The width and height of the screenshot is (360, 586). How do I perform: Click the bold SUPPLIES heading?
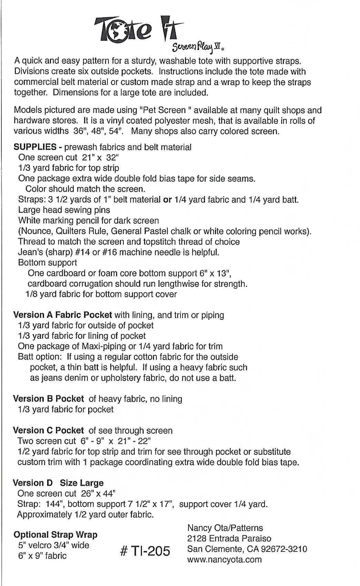pos(35,147)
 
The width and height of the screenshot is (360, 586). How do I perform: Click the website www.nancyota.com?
pos(224,559)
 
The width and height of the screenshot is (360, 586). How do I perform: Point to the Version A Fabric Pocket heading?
pos(62,315)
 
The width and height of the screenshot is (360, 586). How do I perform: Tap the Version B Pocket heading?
pos(48,399)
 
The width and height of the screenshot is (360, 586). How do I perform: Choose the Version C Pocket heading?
pos(48,430)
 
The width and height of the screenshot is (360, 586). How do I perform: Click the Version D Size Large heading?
pos(58,483)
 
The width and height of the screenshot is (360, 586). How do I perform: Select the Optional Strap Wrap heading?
pos(55,535)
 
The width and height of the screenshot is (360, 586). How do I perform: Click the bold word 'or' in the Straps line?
pos(167,200)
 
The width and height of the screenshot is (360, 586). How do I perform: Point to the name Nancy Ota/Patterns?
pos(225,528)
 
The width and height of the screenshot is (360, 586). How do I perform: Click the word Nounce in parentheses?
pos(35,231)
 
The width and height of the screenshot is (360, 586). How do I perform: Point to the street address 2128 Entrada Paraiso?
pos(229,538)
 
